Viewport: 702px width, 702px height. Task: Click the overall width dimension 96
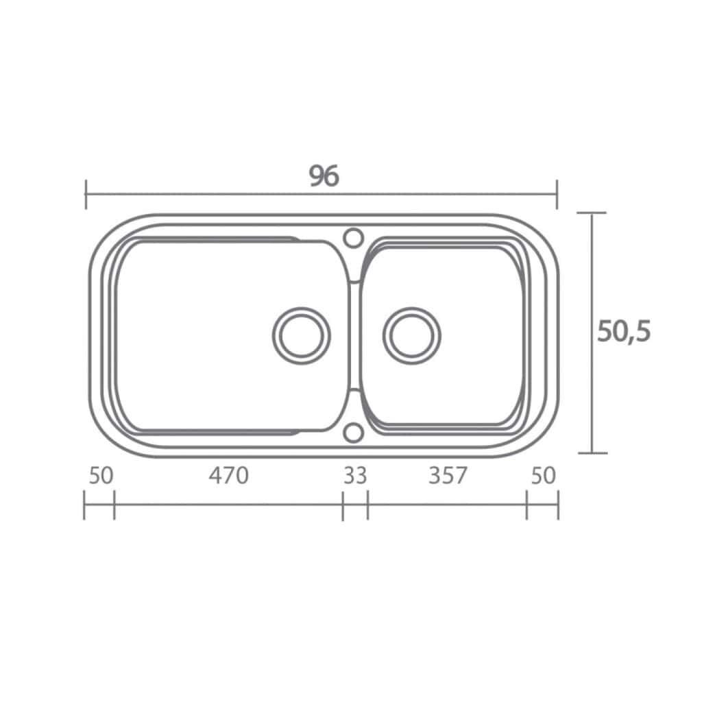click(324, 175)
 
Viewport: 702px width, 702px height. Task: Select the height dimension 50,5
click(624, 332)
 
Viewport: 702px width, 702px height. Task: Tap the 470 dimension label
click(228, 476)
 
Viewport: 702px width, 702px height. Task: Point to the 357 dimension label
click(448, 476)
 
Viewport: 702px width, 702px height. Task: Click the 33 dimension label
click(355, 476)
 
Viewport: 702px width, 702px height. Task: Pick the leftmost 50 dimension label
click(101, 476)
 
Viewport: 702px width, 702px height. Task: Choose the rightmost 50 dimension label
click(543, 476)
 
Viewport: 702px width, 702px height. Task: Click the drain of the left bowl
click(302, 335)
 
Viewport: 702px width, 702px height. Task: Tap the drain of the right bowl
click(411, 335)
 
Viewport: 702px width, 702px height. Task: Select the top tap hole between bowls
click(353, 238)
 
